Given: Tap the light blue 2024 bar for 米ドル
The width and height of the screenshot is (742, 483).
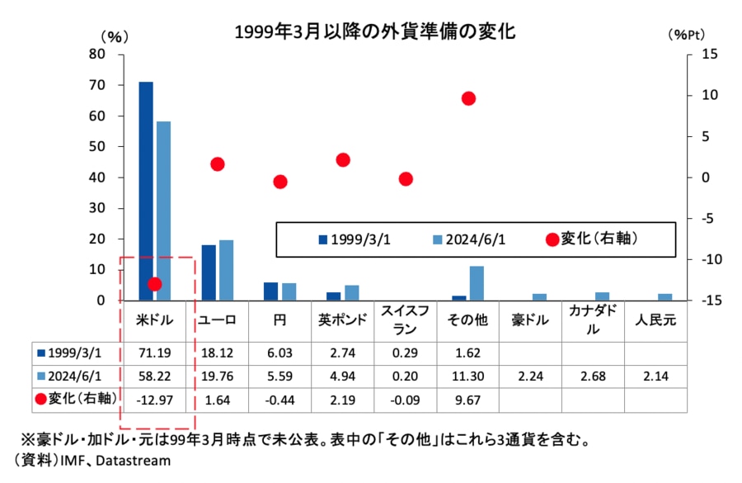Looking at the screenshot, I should coord(163,211).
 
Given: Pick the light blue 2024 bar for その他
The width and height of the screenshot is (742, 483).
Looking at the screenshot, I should coord(477,282).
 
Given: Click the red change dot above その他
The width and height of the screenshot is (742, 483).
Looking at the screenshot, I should coord(468,98).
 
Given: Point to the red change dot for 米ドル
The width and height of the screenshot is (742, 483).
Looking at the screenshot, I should coord(154,284).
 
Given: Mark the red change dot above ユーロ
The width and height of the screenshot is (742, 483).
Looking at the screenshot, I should coord(218,164).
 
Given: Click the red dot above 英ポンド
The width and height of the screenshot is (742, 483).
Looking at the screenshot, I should coord(343,159).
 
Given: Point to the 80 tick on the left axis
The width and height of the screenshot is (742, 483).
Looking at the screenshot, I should coord(98,54).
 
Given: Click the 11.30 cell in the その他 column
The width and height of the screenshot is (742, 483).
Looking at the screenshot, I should coord(468,376).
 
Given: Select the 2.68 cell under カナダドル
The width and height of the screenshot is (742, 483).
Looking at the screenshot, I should coord(594,376).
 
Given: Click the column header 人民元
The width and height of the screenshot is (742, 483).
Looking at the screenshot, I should coord(656,320).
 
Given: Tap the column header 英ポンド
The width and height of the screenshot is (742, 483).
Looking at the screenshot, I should coord(343,320).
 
